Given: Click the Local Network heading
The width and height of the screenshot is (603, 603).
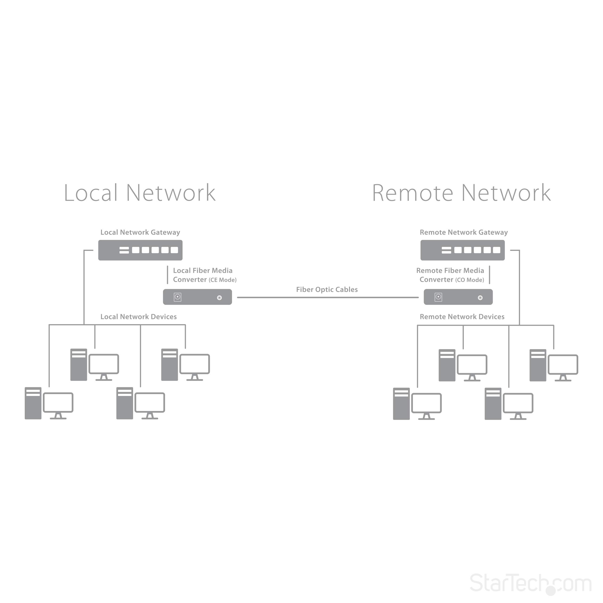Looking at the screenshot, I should click(139, 193).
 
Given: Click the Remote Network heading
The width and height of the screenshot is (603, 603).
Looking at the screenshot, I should click(461, 193).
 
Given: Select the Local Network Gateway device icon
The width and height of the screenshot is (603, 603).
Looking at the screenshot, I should click(140, 250).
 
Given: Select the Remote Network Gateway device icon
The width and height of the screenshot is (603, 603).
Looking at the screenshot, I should click(462, 250).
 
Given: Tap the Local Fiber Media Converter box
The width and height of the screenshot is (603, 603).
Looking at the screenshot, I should click(197, 297).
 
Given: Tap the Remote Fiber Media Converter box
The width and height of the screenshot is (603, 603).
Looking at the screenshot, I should click(458, 297).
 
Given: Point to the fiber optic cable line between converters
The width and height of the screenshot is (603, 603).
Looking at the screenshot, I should click(328, 297).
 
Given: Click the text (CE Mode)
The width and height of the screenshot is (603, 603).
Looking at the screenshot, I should click(223, 280).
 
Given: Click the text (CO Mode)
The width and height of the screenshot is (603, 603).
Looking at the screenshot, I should click(470, 280).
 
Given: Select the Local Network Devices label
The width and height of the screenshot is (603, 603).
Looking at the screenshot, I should click(138, 317).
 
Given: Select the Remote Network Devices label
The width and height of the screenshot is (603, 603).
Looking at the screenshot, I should click(462, 317).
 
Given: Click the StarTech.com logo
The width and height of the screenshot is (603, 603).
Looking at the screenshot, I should click(531, 583).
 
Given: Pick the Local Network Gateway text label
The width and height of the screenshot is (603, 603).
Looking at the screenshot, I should click(140, 232).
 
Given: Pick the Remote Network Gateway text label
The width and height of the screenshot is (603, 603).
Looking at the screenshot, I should click(464, 232).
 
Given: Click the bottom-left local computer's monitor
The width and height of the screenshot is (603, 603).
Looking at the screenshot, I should click(58, 403).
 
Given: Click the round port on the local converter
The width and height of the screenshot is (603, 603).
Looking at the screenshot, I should click(220, 298).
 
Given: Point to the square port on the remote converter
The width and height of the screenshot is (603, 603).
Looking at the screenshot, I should click(438, 297).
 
